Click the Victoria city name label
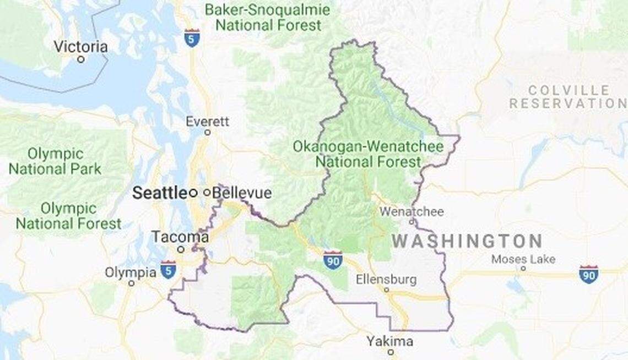coord(80,47)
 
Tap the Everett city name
coord(207,121)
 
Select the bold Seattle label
coord(160,193)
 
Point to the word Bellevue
coord(242,193)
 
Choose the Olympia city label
coord(131,272)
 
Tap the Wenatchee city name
coord(412,212)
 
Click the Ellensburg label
coord(386,279)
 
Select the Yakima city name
coord(390,341)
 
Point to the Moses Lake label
coord(523,259)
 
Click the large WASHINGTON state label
coord(467,241)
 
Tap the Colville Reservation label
coord(567,97)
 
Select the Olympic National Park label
coord(55,161)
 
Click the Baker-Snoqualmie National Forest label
coord(268,17)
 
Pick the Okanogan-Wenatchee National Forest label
coord(368,154)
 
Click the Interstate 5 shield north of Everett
coord(192,37)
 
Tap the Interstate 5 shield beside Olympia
coord(169,269)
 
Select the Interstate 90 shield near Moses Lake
coord(588,274)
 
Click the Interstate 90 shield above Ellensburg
coord(333,259)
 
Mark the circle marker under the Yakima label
coord(390,352)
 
